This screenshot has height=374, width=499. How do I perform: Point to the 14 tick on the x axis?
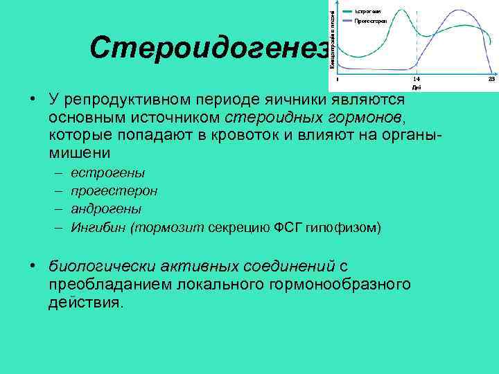pyautogui.click(x=416, y=80)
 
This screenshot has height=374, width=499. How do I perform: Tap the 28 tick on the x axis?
pyautogui.click(x=491, y=80)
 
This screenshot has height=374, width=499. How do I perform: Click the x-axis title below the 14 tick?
pyautogui.click(x=416, y=87)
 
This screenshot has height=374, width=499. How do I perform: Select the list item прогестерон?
pyautogui.click(x=114, y=190)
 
